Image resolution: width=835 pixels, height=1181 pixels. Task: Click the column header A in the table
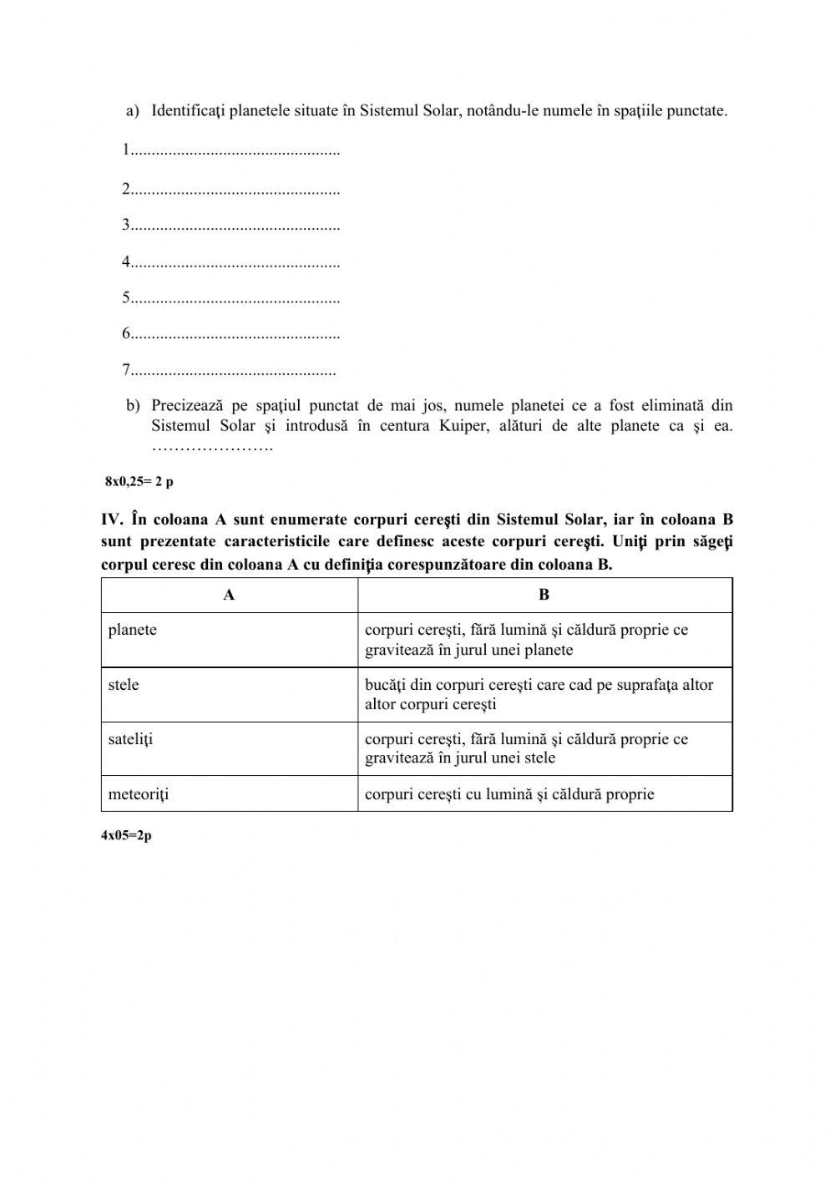click(x=229, y=596)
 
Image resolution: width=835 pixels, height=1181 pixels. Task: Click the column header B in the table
click(x=544, y=596)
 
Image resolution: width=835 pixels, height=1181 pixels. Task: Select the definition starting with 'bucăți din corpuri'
click(x=539, y=694)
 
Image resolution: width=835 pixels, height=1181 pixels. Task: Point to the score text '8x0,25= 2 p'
click(x=139, y=482)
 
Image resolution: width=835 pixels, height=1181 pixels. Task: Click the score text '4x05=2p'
click(x=126, y=836)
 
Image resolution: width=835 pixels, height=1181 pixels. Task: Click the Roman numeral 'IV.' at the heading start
click(x=113, y=520)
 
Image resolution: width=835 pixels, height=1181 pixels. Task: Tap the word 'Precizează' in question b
click(x=188, y=406)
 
